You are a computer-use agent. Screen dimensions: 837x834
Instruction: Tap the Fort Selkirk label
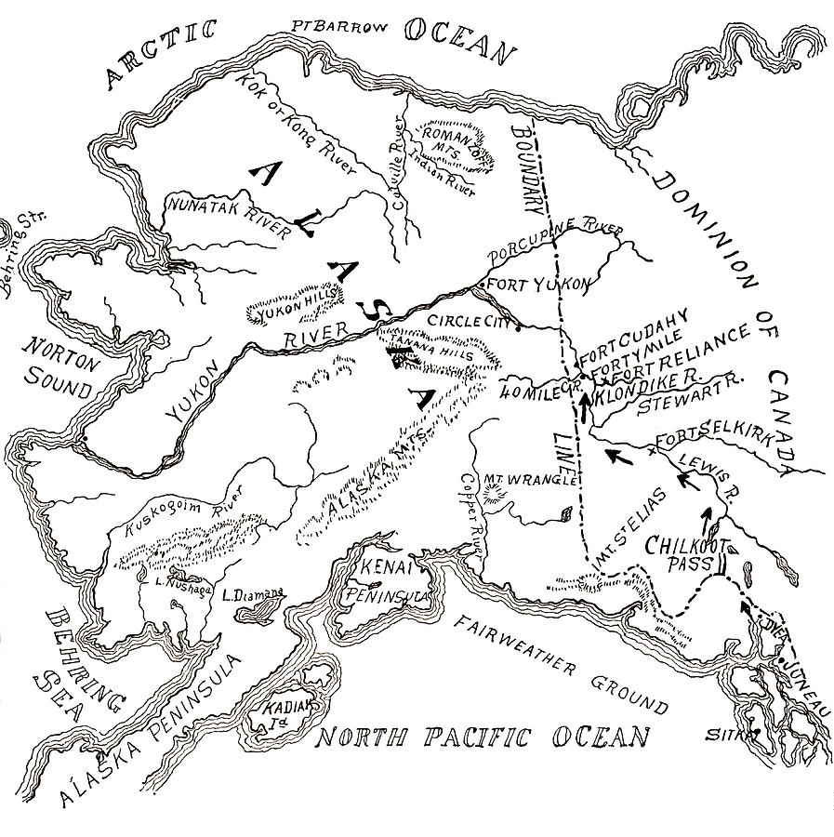coord(712,441)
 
